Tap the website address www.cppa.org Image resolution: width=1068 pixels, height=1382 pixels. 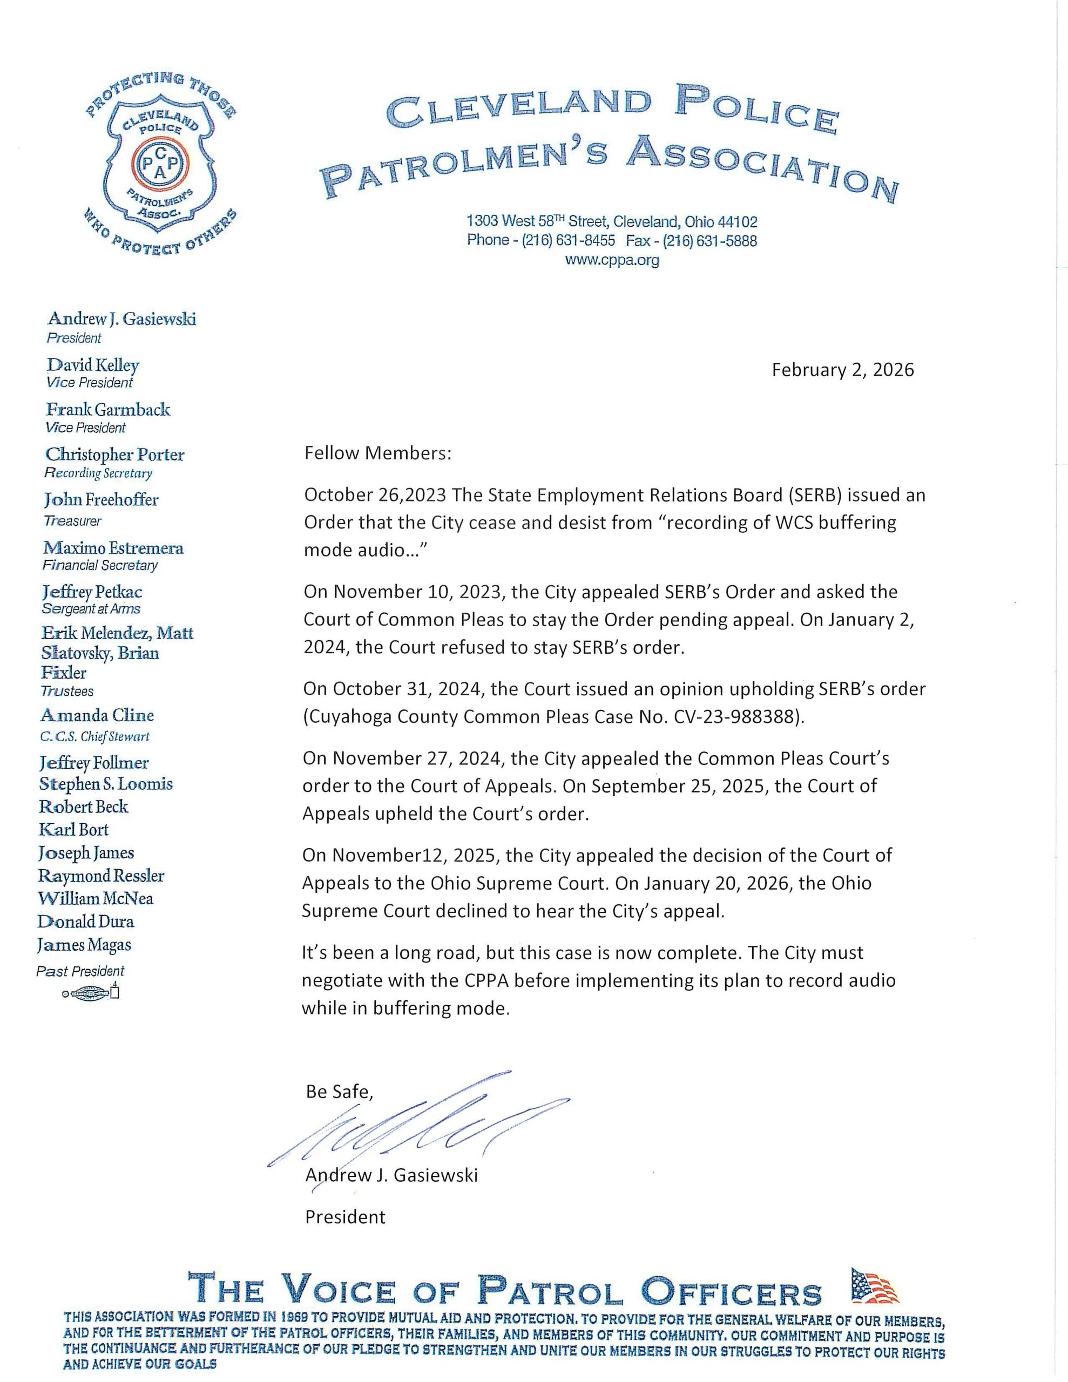[x=612, y=260]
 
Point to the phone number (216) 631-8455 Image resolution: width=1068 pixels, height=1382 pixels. [x=568, y=240]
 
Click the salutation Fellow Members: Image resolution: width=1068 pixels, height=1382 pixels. [x=378, y=453]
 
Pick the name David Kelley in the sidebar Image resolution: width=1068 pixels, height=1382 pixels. [x=92, y=366]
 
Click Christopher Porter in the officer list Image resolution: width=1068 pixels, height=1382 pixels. [x=114, y=455]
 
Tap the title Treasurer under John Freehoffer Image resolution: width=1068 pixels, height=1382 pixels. [x=72, y=521]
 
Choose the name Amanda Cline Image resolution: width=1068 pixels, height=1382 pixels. [x=97, y=716]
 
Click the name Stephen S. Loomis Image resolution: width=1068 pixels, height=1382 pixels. [x=106, y=784]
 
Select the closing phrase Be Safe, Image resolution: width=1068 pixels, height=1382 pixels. [x=339, y=1092]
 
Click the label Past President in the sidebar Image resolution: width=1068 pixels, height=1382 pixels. [x=80, y=971]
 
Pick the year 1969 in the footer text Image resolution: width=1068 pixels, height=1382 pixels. [x=293, y=1317]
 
